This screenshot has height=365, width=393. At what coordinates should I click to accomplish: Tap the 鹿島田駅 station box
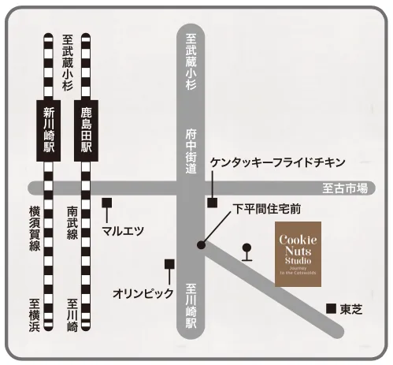coord(87,129)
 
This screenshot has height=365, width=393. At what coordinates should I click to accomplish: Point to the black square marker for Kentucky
coord(212,203)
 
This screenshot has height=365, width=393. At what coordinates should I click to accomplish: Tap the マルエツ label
coord(123,230)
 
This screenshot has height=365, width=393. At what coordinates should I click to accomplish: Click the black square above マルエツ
coord(107,203)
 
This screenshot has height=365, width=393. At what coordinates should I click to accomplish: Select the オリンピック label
coord(143,292)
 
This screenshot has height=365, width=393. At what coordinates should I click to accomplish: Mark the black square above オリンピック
coord(168,264)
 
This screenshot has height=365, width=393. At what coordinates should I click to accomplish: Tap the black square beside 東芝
coord(331,307)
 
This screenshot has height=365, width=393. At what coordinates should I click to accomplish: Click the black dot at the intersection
coord(202,245)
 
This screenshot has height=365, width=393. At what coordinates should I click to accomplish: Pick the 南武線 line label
coord(72,224)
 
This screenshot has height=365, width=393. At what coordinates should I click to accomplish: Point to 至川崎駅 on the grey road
coord(191,307)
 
